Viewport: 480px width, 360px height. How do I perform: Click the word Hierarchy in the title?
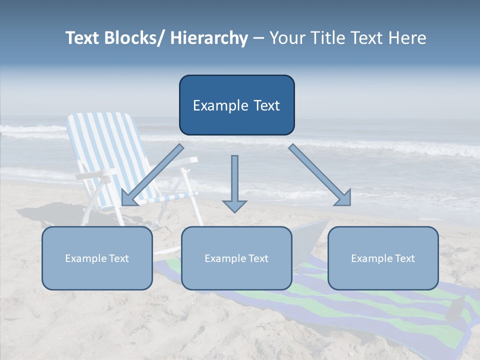click(x=209, y=38)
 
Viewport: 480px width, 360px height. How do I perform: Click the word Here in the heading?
click(x=405, y=38)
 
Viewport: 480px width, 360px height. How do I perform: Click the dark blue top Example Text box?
click(x=236, y=105)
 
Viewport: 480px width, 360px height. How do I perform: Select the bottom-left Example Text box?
click(x=97, y=258)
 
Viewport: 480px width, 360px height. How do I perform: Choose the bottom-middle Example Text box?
click(x=236, y=258)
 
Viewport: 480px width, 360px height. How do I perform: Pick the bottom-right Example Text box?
click(x=383, y=258)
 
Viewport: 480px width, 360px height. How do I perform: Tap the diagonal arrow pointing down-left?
click(x=152, y=175)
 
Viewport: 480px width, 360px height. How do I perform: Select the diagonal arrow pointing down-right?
click(x=320, y=175)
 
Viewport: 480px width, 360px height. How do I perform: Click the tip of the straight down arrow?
click(x=234, y=212)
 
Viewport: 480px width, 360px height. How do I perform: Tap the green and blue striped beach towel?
click(x=400, y=305)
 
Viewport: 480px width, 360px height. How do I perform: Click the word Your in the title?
click(x=286, y=38)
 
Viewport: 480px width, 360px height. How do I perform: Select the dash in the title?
click(x=258, y=38)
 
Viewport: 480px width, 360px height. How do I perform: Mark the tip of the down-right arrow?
click(x=349, y=204)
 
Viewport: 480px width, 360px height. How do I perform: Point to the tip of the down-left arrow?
click(x=122, y=204)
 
